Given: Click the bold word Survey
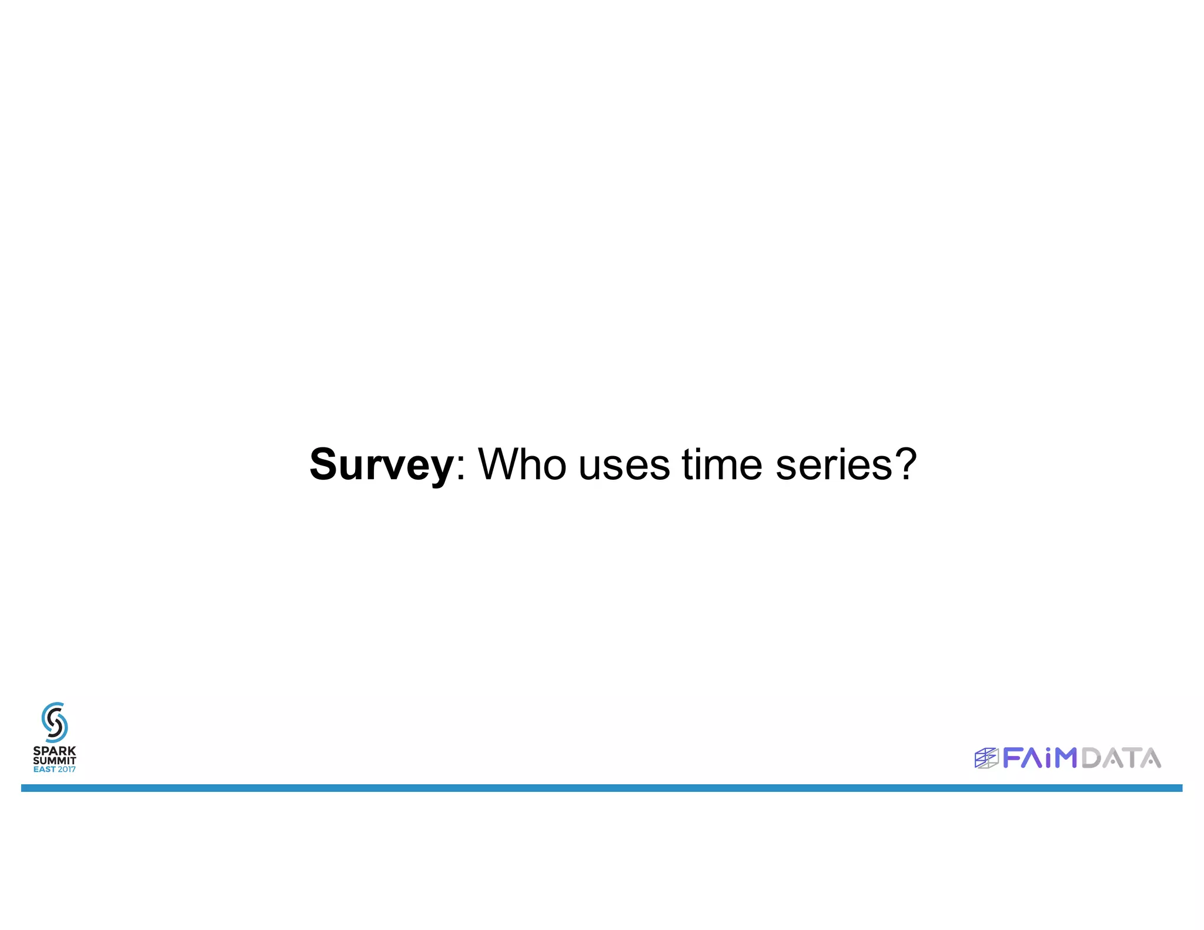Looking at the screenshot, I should [x=381, y=464].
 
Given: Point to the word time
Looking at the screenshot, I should [x=722, y=464].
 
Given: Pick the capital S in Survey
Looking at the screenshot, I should [x=325, y=464].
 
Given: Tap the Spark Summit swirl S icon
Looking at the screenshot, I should [x=55, y=722].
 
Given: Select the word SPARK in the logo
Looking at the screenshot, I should [x=55, y=751].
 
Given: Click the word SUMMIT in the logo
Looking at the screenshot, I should [x=55, y=761].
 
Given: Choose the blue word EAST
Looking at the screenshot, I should [x=45, y=770].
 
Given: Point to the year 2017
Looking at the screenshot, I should [x=66, y=770].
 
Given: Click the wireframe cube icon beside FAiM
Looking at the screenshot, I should [x=986, y=758].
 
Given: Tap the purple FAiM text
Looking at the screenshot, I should [x=1039, y=758].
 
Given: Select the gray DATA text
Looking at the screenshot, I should [x=1121, y=758].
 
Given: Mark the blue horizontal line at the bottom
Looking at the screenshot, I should [x=602, y=788].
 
